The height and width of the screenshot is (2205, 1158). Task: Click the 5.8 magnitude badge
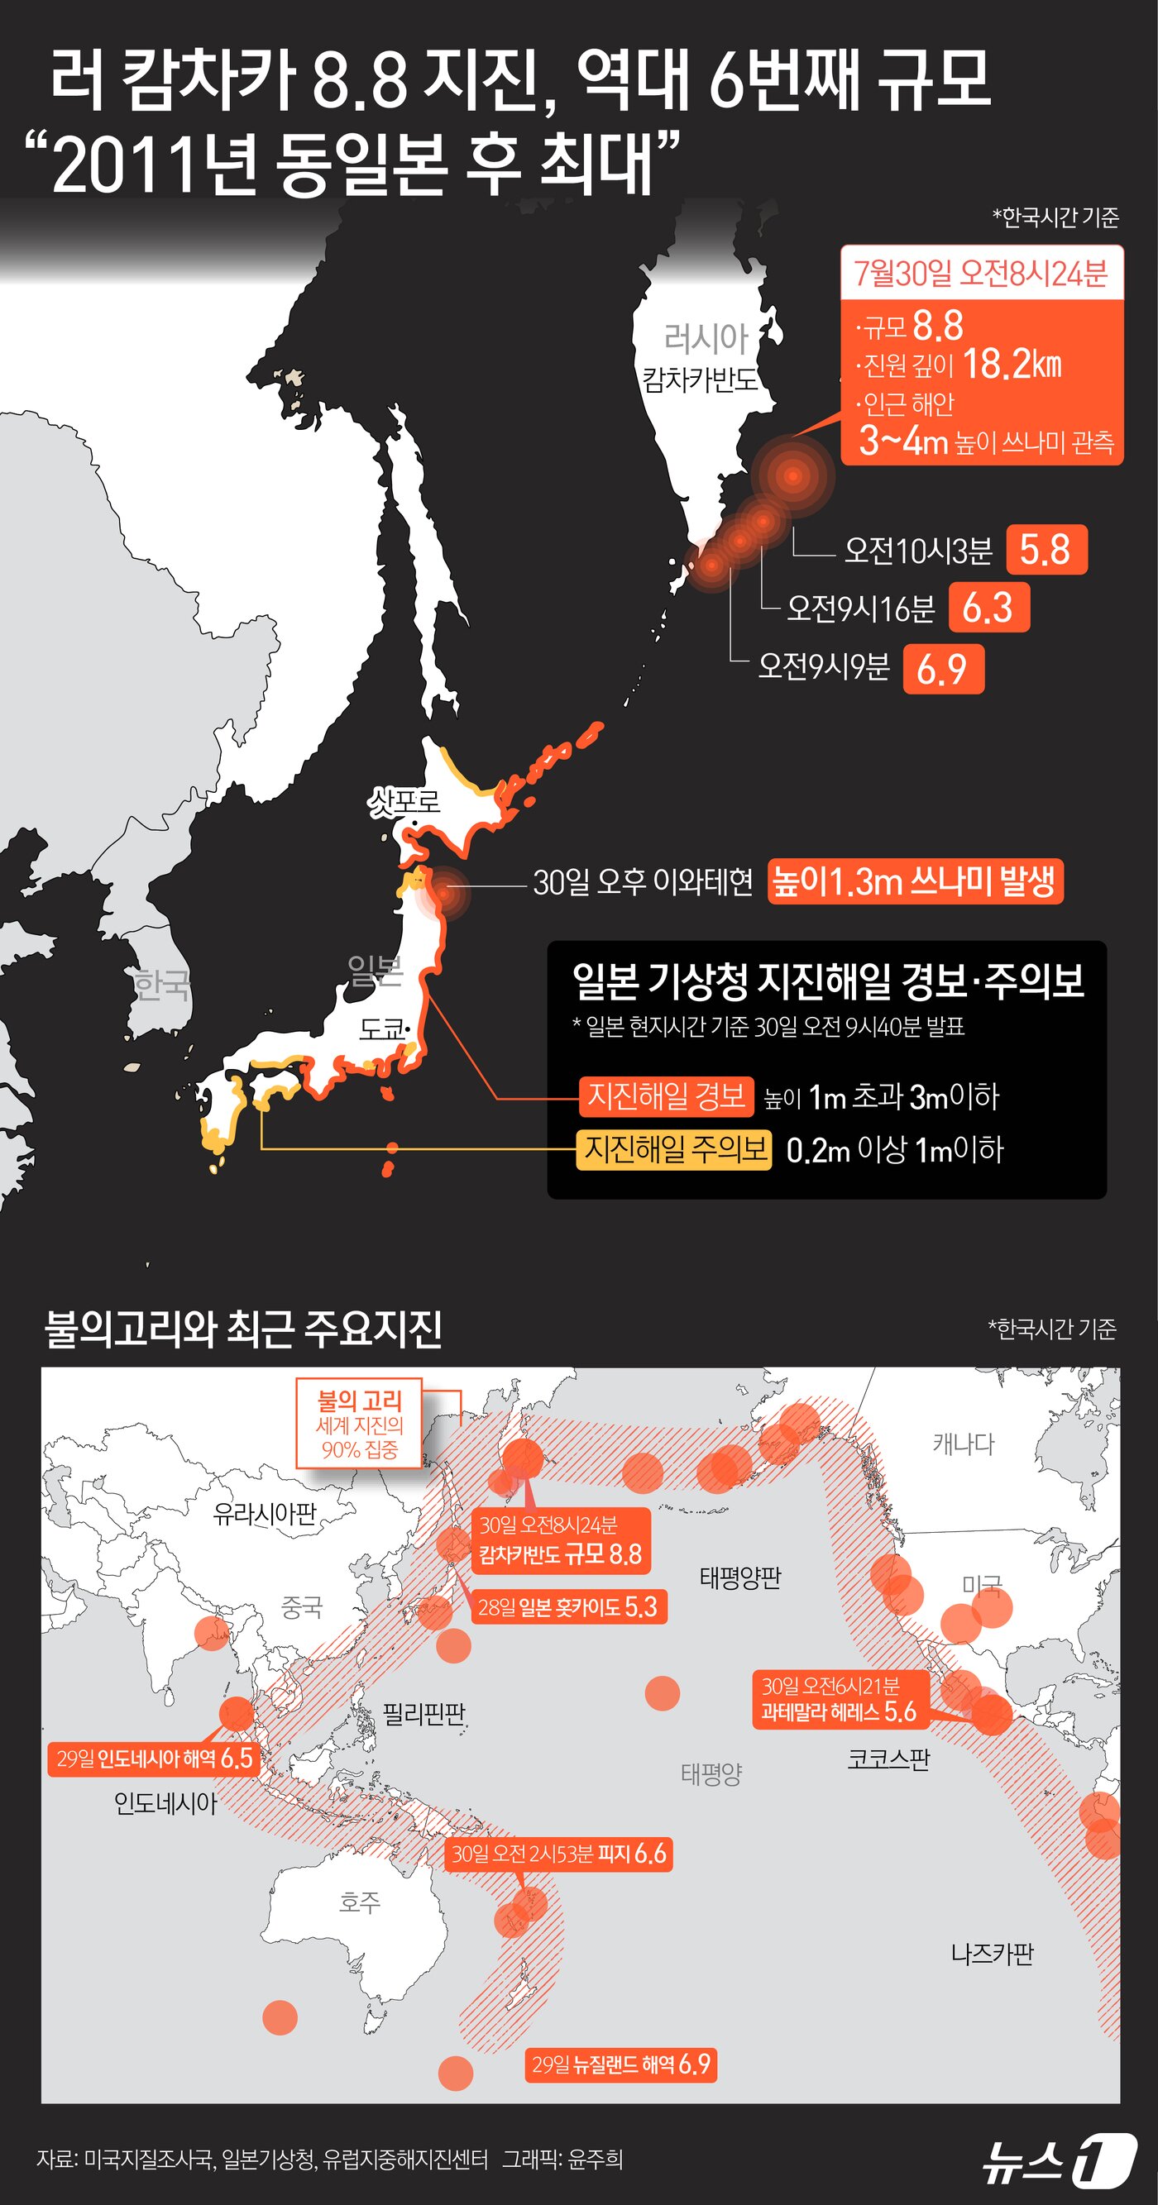click(x=1046, y=550)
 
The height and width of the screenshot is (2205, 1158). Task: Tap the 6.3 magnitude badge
click(x=989, y=608)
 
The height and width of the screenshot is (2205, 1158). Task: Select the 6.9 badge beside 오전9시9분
click(x=943, y=669)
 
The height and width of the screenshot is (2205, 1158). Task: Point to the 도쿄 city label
click(x=382, y=1028)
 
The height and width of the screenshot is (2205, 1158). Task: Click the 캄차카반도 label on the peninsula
click(x=701, y=379)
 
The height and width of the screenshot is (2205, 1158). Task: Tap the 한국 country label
click(x=161, y=986)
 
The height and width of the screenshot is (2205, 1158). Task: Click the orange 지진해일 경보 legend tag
click(x=666, y=1096)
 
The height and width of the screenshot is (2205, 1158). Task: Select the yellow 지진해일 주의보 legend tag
click(x=673, y=1148)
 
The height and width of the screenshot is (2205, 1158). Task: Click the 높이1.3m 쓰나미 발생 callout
click(x=915, y=881)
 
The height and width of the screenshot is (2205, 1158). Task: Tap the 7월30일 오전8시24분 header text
click(x=981, y=273)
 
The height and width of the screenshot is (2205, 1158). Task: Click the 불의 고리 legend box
click(x=360, y=1424)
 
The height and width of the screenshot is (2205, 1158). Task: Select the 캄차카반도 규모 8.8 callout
click(x=561, y=1542)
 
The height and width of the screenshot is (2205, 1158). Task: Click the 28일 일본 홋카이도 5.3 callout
click(x=568, y=1606)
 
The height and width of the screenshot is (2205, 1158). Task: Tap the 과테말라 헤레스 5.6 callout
click(x=840, y=1699)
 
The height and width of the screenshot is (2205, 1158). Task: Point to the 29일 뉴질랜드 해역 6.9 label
click(x=621, y=2064)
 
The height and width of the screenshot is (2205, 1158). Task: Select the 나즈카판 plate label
click(x=992, y=1954)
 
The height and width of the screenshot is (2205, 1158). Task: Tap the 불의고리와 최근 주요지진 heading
click(x=243, y=1329)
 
